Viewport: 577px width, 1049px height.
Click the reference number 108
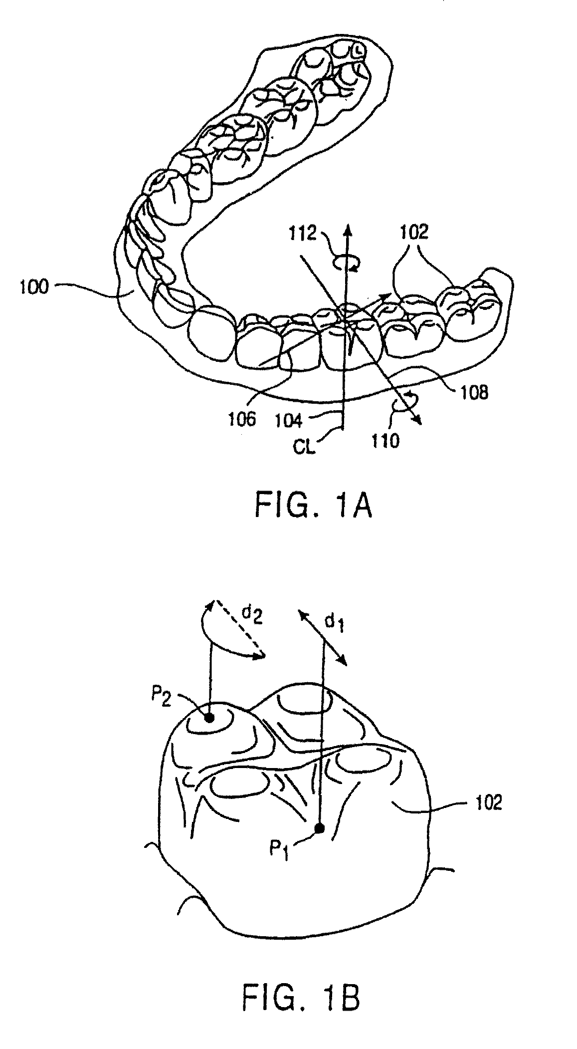coord(471,392)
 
